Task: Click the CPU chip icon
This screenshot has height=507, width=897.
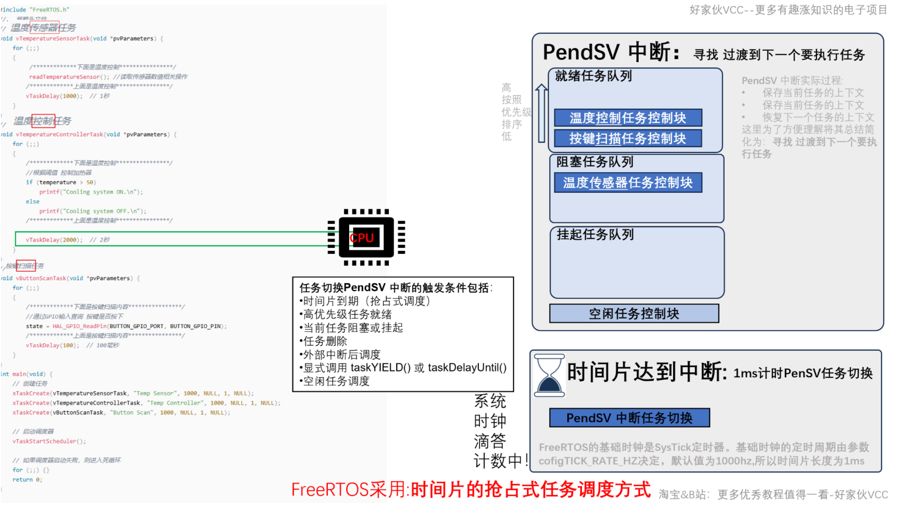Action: tap(367, 238)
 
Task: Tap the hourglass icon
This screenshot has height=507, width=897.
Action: tap(549, 375)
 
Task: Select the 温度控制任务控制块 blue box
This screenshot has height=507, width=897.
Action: tap(628, 118)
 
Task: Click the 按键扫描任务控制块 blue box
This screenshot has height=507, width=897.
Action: tap(628, 139)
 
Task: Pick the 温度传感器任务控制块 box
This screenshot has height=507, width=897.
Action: tap(628, 183)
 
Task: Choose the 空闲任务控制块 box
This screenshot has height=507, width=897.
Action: tap(634, 314)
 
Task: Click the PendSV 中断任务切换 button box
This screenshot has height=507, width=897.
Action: tap(629, 418)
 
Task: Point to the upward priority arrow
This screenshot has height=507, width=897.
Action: tap(541, 113)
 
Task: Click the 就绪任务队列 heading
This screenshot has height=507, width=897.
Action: tap(594, 76)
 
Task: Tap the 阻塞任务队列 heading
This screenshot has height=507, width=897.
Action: tap(595, 162)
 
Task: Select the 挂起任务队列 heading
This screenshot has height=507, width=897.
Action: tap(595, 234)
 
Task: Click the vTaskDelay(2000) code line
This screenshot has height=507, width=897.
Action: tap(54, 240)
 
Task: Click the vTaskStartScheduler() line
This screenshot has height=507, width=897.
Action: tap(49, 441)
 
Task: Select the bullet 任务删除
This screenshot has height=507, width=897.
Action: tap(325, 341)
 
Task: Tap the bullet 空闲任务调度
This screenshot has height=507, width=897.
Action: tap(336, 381)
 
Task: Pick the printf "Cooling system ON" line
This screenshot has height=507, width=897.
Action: tap(91, 192)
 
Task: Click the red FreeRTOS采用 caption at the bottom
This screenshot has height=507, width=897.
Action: tap(470, 490)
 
